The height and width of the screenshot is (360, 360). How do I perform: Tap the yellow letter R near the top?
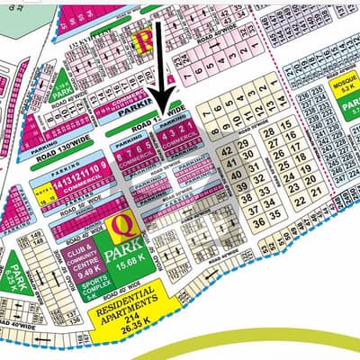coord(141,40)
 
